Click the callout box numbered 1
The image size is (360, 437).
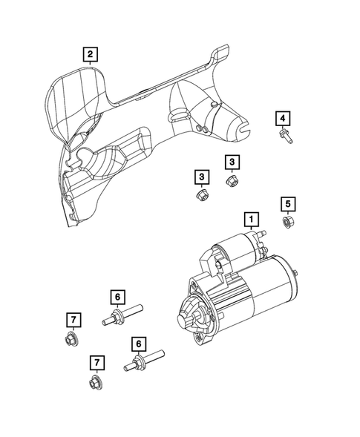pos(252,219)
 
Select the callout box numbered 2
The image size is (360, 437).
pos(89,53)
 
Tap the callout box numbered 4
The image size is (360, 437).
pos(282,118)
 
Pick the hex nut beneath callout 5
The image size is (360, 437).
pos(288,222)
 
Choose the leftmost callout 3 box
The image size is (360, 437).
pos(200,177)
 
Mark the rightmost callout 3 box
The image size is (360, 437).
pos(232,162)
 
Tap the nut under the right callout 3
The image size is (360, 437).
pos(231,180)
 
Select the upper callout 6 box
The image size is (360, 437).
pos(117,297)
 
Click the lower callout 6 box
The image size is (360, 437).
pos(137,344)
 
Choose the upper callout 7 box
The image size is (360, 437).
pos(74,320)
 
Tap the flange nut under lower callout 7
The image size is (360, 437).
pos(94,383)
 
